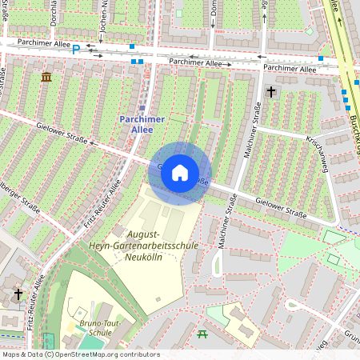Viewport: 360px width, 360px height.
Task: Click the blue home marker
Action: pyautogui.click(x=180, y=173)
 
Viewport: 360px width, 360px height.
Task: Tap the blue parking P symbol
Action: pyautogui.click(x=76, y=49)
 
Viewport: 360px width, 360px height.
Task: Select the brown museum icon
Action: pyautogui.click(x=46, y=77)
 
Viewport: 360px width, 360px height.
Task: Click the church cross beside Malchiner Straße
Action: pyautogui.click(x=270, y=92)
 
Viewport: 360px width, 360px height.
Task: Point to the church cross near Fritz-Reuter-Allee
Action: pyautogui.click(x=18, y=294)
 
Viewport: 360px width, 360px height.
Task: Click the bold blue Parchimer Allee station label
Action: pyautogui.click(x=141, y=125)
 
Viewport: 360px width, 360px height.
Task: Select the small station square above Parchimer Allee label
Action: pyautogui.click(x=142, y=107)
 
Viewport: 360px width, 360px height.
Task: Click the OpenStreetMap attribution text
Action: pyautogui.click(x=81, y=354)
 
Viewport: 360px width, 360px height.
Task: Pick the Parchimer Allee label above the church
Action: pyautogui.click(x=289, y=69)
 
